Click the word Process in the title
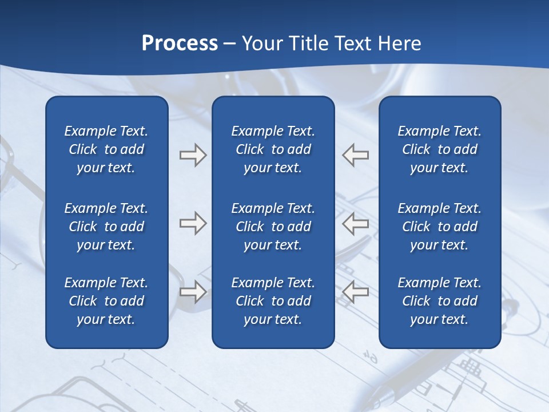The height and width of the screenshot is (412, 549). pos(180,43)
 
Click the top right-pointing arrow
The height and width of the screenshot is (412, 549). pos(193,155)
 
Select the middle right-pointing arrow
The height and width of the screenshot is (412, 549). pos(193,223)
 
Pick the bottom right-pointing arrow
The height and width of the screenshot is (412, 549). pos(193,292)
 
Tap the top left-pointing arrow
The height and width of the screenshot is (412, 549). pos(355,155)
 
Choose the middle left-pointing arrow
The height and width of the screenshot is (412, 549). pos(355,223)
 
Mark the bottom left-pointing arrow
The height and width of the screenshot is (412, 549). pos(355,292)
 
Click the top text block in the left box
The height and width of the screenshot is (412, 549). pos(106,149)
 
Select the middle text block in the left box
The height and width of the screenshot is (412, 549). pos(106,227)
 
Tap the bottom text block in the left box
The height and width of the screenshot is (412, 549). pos(106,301)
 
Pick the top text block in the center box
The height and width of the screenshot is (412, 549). pos(273,149)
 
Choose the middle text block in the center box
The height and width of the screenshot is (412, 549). pos(273,227)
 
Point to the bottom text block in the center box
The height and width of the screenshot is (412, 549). pos(273,301)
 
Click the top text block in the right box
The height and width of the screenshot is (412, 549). pos(439,149)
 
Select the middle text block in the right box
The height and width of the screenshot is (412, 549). pos(439,227)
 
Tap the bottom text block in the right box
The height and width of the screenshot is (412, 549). pos(439,301)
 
